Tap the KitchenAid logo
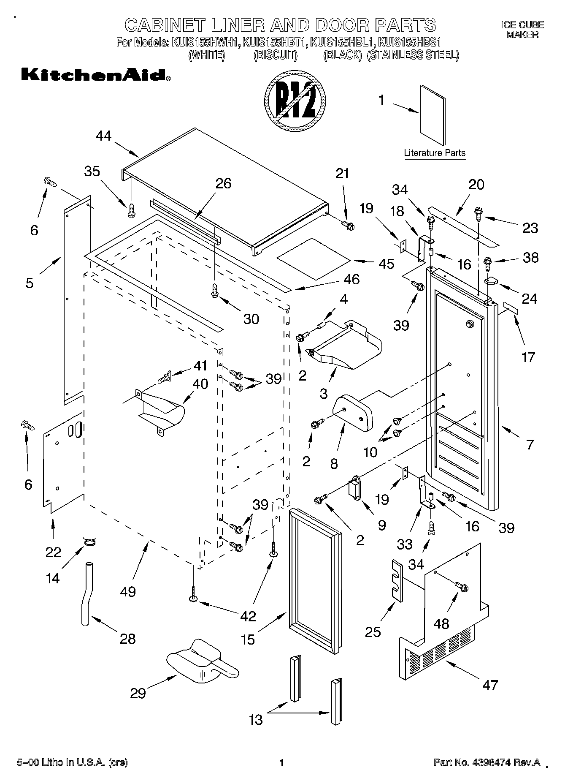96,75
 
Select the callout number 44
103,136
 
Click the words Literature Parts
435,153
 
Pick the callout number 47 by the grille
490,685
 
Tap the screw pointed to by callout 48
462,587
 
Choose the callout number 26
223,184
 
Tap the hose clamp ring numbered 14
89,542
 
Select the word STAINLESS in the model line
392,55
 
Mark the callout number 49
128,591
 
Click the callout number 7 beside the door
530,444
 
